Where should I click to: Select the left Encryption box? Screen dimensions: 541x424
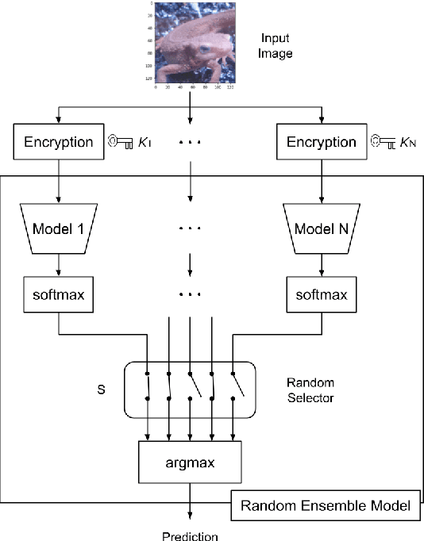click(58, 143)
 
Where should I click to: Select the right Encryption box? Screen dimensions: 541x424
click(315, 143)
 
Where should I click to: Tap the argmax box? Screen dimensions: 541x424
click(190, 461)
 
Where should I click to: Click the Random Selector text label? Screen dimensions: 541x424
click(309, 391)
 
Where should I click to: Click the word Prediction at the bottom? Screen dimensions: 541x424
click(190, 536)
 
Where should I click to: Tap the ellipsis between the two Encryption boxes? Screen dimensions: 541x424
click(190, 144)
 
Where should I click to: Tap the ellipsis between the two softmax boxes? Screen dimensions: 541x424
click(190, 295)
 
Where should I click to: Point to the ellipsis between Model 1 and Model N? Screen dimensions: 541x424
click(190, 228)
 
